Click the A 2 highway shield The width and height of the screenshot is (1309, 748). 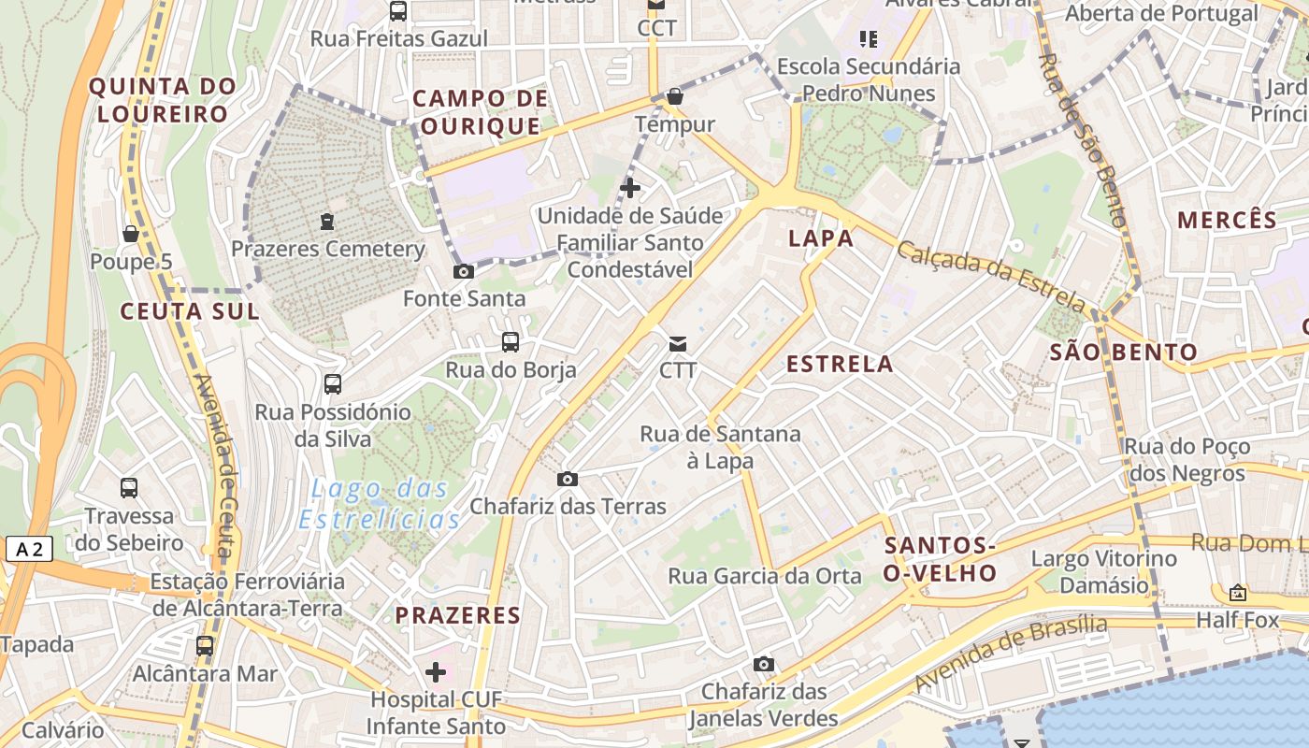pyautogui.click(x=29, y=549)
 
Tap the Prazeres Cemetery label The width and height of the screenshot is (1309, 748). pyautogui.click(x=327, y=250)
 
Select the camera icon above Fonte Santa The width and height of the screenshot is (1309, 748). pyautogui.click(x=463, y=272)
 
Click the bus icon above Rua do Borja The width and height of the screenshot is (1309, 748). pyautogui.click(x=511, y=342)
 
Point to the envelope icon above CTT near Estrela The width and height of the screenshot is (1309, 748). pyautogui.click(x=678, y=344)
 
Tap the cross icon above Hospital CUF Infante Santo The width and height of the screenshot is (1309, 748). pyautogui.click(x=436, y=672)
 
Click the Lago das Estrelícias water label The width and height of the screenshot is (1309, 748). pyautogui.click(x=380, y=504)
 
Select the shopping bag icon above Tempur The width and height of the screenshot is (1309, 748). pyautogui.click(x=675, y=96)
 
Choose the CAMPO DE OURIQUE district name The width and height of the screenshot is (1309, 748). pyautogui.click(x=480, y=112)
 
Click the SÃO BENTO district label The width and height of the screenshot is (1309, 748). pyautogui.click(x=1123, y=352)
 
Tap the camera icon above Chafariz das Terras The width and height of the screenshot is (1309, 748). pyautogui.click(x=568, y=480)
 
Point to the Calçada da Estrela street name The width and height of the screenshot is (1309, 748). pyautogui.click(x=992, y=277)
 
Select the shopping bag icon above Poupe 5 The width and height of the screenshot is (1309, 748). pyautogui.click(x=131, y=234)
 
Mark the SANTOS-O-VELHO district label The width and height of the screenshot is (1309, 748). pyautogui.click(x=941, y=559)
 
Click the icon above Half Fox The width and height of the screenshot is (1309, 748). pyautogui.click(x=1238, y=593)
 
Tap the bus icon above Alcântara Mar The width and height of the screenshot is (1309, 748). pyautogui.click(x=205, y=646)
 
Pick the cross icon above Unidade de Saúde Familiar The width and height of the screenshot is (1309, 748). pyautogui.click(x=630, y=188)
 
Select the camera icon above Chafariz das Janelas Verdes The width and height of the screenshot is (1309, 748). pyautogui.click(x=764, y=665)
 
